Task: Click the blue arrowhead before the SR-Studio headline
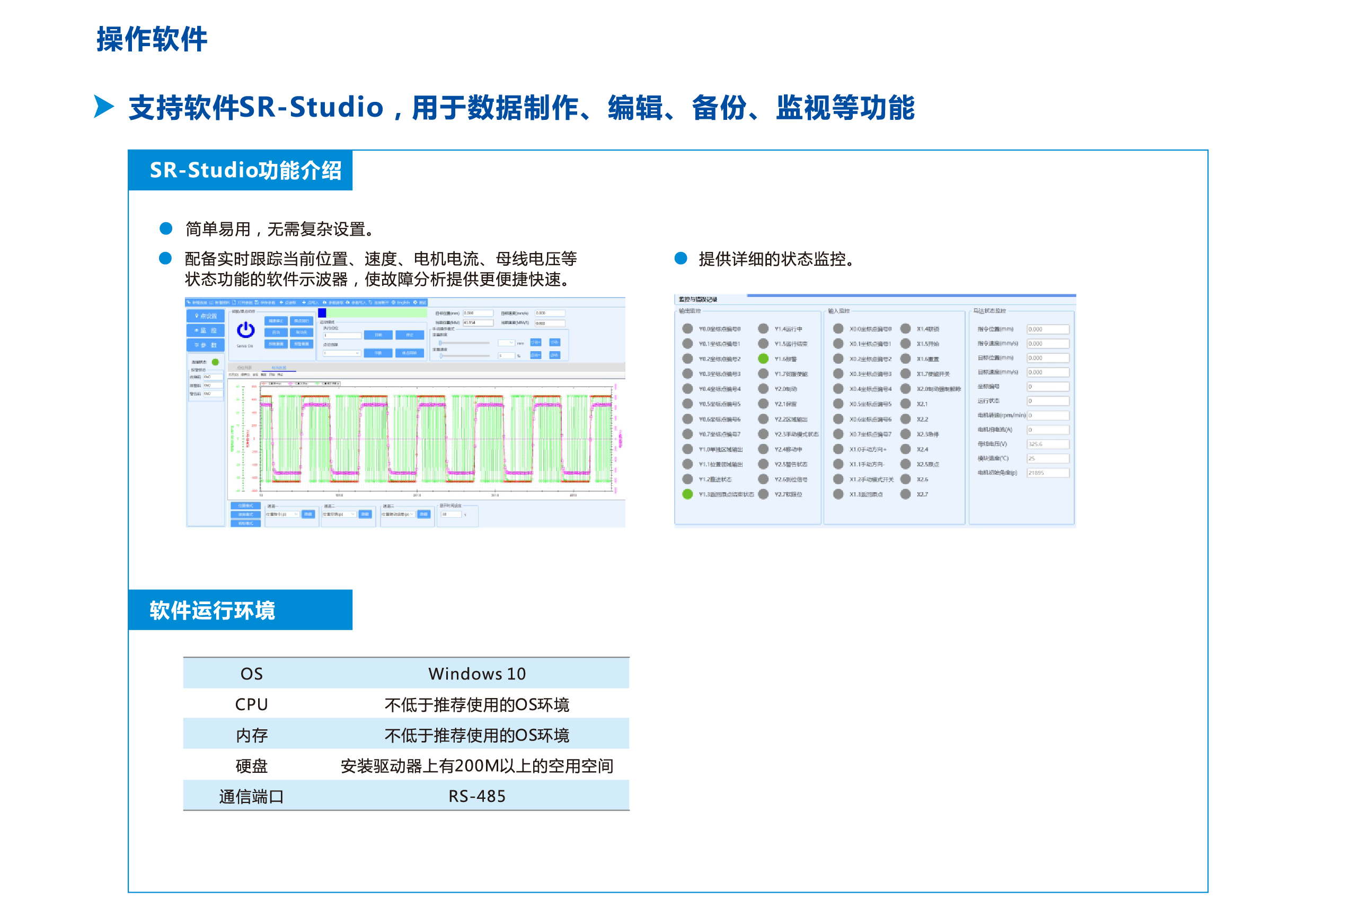[103, 107]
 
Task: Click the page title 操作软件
[152, 40]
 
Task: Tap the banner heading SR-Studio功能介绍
[245, 171]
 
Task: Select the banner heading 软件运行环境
[213, 610]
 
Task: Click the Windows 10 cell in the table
[476, 674]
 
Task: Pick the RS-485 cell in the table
[476, 796]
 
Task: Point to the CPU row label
[251, 704]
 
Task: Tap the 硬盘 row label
[251, 765]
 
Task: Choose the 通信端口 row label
[251, 796]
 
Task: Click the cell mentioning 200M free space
[476, 765]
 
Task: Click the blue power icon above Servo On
[245, 330]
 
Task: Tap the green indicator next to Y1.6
[763, 359]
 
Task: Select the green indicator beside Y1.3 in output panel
[687, 494]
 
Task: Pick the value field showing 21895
[1047, 473]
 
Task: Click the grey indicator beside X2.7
[905, 494]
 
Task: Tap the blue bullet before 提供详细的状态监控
[681, 258]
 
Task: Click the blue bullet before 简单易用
[166, 228]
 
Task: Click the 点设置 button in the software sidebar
[206, 316]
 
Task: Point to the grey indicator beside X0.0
[838, 328]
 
